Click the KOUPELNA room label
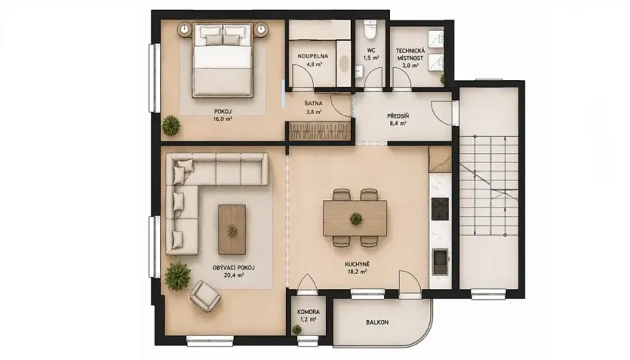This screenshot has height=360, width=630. (x=312, y=56)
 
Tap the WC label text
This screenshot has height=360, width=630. (x=371, y=51)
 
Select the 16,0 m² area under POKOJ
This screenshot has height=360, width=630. (x=222, y=118)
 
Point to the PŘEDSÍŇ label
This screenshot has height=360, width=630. (x=398, y=116)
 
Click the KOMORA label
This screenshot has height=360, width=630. (x=308, y=312)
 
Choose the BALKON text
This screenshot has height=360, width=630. (x=377, y=322)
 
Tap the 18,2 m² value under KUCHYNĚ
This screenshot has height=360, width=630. (x=356, y=272)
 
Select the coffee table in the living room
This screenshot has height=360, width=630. (x=232, y=229)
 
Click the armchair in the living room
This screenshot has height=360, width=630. (x=205, y=296)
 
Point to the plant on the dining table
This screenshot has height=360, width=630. (x=355, y=219)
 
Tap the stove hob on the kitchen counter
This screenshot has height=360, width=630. (x=439, y=209)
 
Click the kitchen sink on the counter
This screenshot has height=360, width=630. (x=440, y=261)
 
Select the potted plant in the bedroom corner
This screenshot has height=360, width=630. (x=171, y=125)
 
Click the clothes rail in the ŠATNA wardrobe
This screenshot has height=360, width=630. (x=320, y=132)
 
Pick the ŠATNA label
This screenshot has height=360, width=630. (x=313, y=103)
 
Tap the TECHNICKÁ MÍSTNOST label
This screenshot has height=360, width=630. (x=410, y=55)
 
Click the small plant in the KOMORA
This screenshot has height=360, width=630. (x=297, y=330)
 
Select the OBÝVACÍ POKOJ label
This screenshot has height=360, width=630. (x=234, y=268)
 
